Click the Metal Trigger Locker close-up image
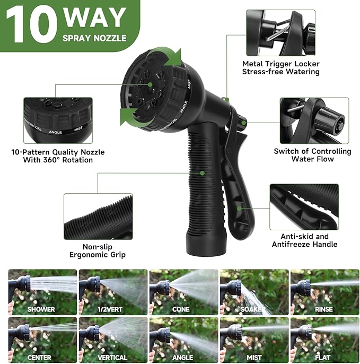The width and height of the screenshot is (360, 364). pos(280,33)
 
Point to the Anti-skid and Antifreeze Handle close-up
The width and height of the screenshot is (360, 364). pos(303,207)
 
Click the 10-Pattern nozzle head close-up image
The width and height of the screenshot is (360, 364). pos(57,120)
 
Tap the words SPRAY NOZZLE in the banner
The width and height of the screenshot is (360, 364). pos(94,38)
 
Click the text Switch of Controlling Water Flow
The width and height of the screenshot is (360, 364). pos(312,155)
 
